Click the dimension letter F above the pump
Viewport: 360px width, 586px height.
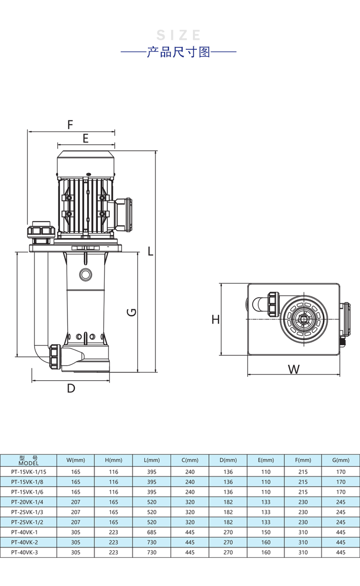[70, 124]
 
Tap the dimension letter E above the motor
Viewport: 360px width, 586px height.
[85, 138]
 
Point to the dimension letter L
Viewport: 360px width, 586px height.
[151, 251]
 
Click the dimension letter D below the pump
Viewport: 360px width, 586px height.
[71, 389]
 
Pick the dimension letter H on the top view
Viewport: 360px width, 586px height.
[216, 320]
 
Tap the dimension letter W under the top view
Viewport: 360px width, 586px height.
[293, 369]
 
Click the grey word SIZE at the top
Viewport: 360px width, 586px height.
[179, 35]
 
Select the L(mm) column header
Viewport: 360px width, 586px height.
[152, 460]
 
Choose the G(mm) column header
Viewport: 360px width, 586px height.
[341, 460]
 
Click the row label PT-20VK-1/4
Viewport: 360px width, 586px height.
[28, 502]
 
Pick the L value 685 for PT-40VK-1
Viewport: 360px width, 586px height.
[152, 532]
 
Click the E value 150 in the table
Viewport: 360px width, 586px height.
[265, 532]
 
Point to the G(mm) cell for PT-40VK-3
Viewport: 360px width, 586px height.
[341, 552]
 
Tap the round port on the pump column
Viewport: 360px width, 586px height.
[86, 274]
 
